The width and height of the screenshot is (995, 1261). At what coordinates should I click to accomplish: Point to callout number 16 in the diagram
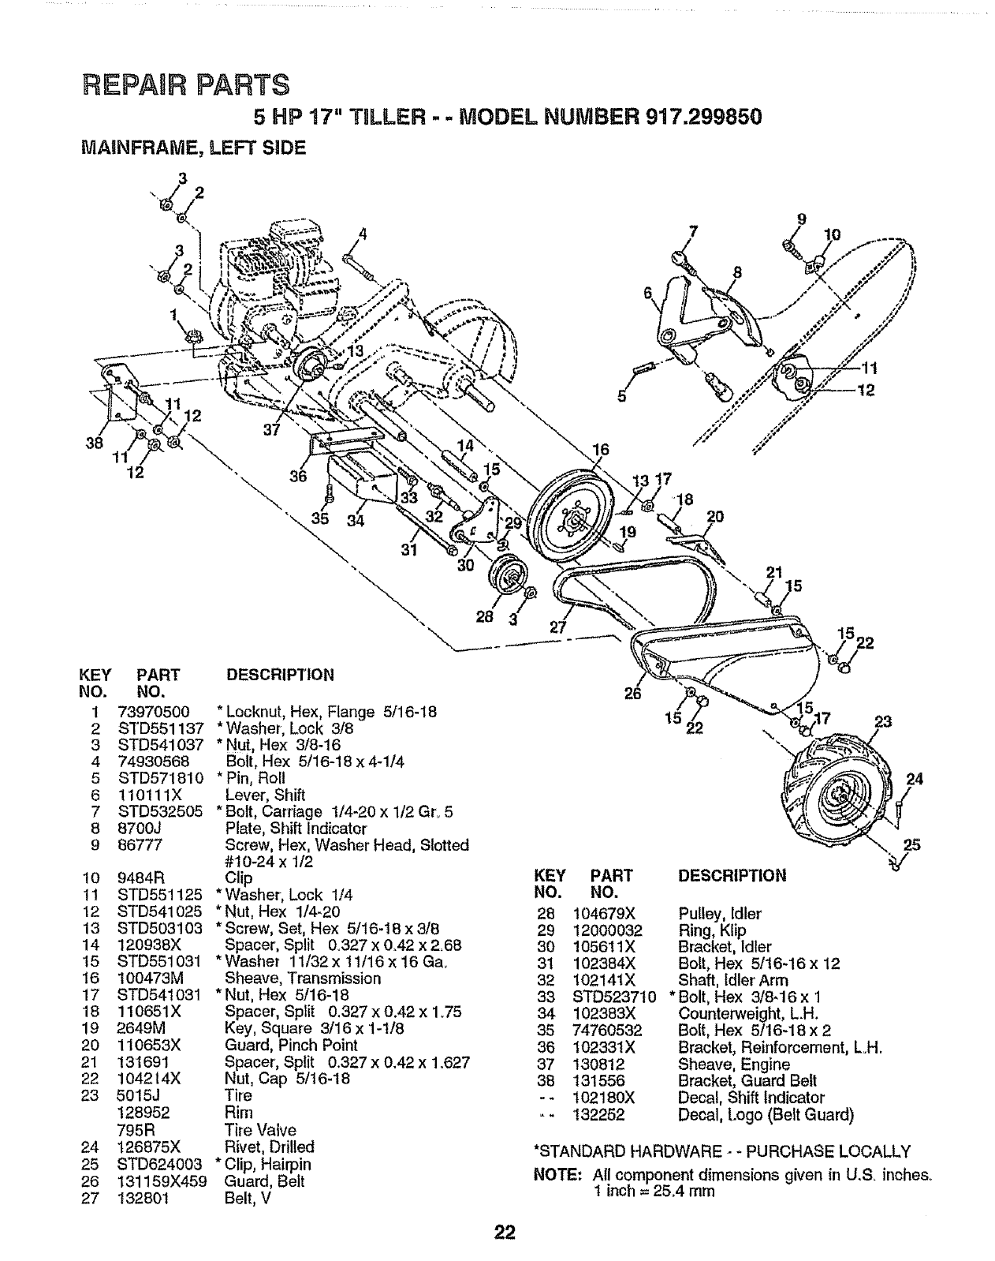tap(601, 451)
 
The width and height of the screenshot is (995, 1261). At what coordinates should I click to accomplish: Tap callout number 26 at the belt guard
tap(633, 694)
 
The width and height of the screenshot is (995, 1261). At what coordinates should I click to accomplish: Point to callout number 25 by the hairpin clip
tap(911, 845)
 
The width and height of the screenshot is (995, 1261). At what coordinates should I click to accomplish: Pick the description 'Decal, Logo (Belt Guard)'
tap(766, 1114)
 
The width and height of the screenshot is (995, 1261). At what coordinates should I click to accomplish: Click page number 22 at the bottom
tap(505, 1232)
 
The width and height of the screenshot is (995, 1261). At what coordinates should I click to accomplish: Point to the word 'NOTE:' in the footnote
tap(553, 1174)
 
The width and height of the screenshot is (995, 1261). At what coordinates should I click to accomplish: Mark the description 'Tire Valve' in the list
tap(260, 1130)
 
